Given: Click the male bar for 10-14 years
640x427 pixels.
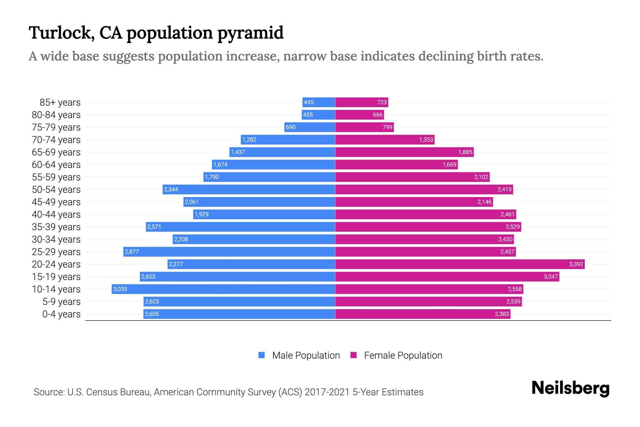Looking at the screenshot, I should [223, 289].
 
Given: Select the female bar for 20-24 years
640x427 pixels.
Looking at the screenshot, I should [460, 264].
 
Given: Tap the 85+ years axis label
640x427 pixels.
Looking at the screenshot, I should [60, 102].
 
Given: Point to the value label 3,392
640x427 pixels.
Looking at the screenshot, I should [576, 264].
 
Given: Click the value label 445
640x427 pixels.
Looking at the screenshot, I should [309, 102].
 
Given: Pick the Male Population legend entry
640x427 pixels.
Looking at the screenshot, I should [299, 355].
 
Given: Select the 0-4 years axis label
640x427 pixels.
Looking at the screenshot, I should [61, 314].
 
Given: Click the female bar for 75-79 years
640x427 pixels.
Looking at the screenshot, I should [364, 127].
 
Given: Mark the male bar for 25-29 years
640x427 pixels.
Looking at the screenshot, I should [229, 252].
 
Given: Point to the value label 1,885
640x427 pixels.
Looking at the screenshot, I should [465, 152].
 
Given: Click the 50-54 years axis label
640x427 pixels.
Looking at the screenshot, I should [56, 190].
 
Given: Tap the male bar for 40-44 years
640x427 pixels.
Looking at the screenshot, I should [264, 214].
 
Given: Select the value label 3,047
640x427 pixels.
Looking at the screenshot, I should [550, 276].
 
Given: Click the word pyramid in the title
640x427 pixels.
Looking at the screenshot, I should [250, 33].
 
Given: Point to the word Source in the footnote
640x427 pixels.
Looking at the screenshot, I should [48, 392].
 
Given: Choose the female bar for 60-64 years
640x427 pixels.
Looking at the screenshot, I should [396, 164].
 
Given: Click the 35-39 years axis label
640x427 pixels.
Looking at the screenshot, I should [56, 227].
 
